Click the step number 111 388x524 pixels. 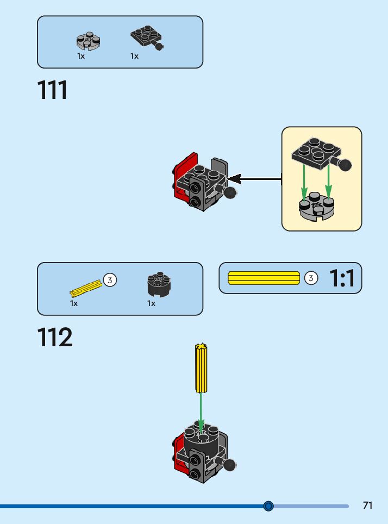coord(53,90)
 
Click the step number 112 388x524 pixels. coord(55,338)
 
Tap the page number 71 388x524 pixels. coord(368,506)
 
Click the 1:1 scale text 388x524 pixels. coord(342,278)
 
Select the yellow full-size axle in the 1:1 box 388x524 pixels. coord(264,278)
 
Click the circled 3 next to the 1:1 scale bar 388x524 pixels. coord(310,278)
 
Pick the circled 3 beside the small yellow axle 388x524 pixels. coord(110,280)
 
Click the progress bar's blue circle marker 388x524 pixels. coord(268,506)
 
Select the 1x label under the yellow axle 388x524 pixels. coord(74,303)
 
